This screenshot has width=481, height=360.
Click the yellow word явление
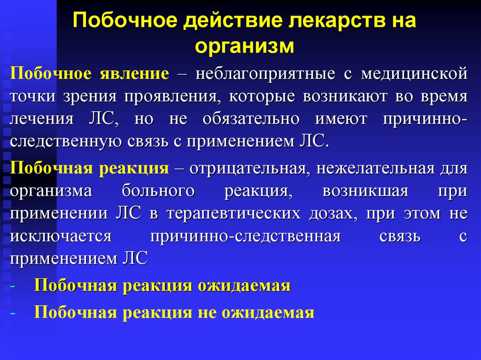(x=134, y=74)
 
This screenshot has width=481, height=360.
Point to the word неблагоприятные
(x=265, y=74)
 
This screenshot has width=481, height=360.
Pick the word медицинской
(x=414, y=74)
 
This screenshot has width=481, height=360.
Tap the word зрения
(x=90, y=97)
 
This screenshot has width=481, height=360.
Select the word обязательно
(x=251, y=119)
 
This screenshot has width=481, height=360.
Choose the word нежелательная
(x=375, y=169)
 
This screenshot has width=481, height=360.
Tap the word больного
(x=158, y=191)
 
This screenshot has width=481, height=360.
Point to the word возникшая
(x=365, y=191)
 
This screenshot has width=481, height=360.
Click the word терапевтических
(x=234, y=214)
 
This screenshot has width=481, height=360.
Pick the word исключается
(x=61, y=236)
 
